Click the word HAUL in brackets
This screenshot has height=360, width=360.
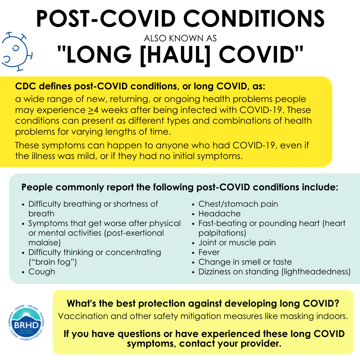point(175,55)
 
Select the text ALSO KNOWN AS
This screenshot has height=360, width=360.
point(180,38)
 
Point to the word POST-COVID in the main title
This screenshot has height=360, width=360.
point(106,19)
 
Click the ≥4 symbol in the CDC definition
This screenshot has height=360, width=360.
point(93,110)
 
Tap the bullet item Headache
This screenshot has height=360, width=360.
point(219,214)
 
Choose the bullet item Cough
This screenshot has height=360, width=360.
point(42,272)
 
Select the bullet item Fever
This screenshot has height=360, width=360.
point(209,252)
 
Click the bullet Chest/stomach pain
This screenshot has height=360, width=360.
point(238,204)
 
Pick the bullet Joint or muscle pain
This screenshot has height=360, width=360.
point(237,242)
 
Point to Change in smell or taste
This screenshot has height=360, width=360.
point(245,262)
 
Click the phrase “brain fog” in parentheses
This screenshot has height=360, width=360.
point(53,262)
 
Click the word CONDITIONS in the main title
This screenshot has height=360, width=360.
point(254,19)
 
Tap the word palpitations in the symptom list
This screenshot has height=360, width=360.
point(221,233)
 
